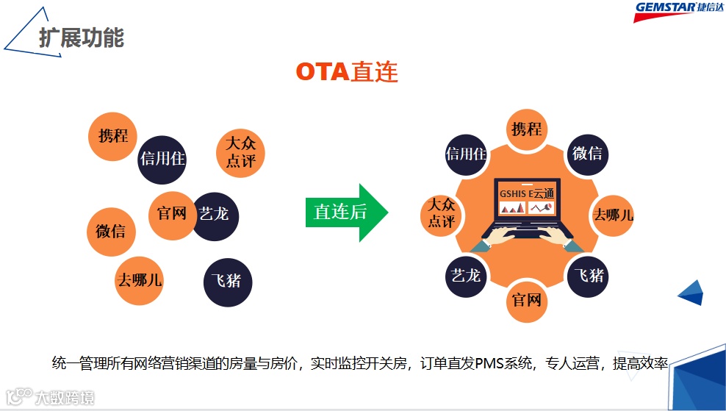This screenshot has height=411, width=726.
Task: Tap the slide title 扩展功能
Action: point(81,37)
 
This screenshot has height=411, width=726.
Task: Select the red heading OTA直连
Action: point(347,71)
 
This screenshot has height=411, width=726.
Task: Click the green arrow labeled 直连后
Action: point(345,212)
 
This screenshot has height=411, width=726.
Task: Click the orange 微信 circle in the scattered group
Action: point(111,232)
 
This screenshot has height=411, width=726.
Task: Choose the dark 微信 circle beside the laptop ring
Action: point(587,153)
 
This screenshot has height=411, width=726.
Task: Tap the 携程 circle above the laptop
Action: point(527,129)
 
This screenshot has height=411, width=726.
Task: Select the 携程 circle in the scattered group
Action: point(112,136)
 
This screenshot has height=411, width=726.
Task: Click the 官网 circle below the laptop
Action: point(527,300)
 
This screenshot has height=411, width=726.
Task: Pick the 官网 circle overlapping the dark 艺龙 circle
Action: point(172,213)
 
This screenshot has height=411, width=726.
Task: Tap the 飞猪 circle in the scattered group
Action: point(226,280)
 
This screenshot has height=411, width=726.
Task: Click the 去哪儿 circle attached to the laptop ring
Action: point(613,215)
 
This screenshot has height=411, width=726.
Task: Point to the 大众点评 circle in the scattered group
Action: point(240,152)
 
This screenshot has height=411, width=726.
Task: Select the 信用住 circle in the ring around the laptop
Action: point(467,154)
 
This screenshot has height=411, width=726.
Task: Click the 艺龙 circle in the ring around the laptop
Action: point(467,276)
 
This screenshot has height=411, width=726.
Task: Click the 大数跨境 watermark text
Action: point(65,398)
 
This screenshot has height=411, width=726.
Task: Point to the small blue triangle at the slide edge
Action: point(691,292)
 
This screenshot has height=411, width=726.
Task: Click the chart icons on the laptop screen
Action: point(527,209)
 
